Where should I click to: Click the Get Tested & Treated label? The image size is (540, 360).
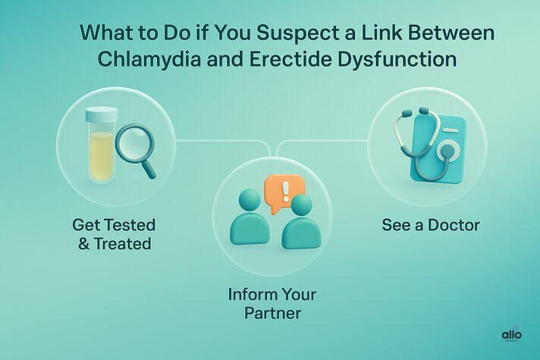(113, 234)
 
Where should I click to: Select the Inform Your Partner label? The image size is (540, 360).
(272, 303)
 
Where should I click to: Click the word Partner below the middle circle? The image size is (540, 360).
(272, 312)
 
